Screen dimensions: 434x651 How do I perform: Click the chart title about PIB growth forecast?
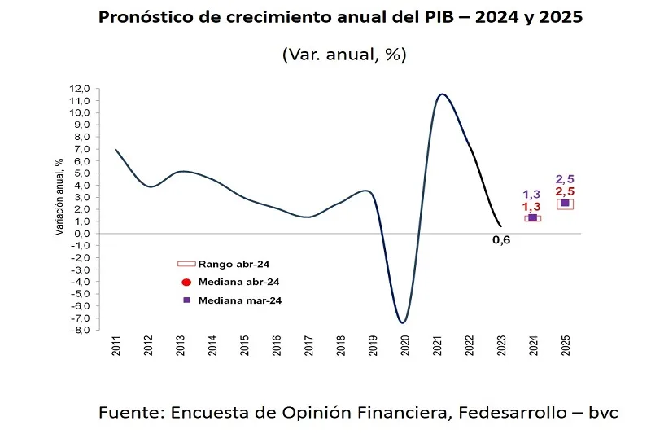(340, 18)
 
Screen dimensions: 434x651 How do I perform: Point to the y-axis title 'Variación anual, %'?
(59, 197)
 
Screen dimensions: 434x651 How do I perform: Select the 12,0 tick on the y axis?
(79, 89)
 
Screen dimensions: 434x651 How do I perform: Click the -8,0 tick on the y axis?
(79, 330)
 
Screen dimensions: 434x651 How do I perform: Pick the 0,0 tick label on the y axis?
(81, 234)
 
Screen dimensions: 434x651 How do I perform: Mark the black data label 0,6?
(501, 240)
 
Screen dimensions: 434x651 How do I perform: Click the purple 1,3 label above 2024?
(531, 194)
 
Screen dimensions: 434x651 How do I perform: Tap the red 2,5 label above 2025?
(565, 191)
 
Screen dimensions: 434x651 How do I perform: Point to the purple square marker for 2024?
(533, 217)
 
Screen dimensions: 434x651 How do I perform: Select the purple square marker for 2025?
(565, 204)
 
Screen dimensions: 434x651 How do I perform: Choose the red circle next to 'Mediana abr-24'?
(186, 282)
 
